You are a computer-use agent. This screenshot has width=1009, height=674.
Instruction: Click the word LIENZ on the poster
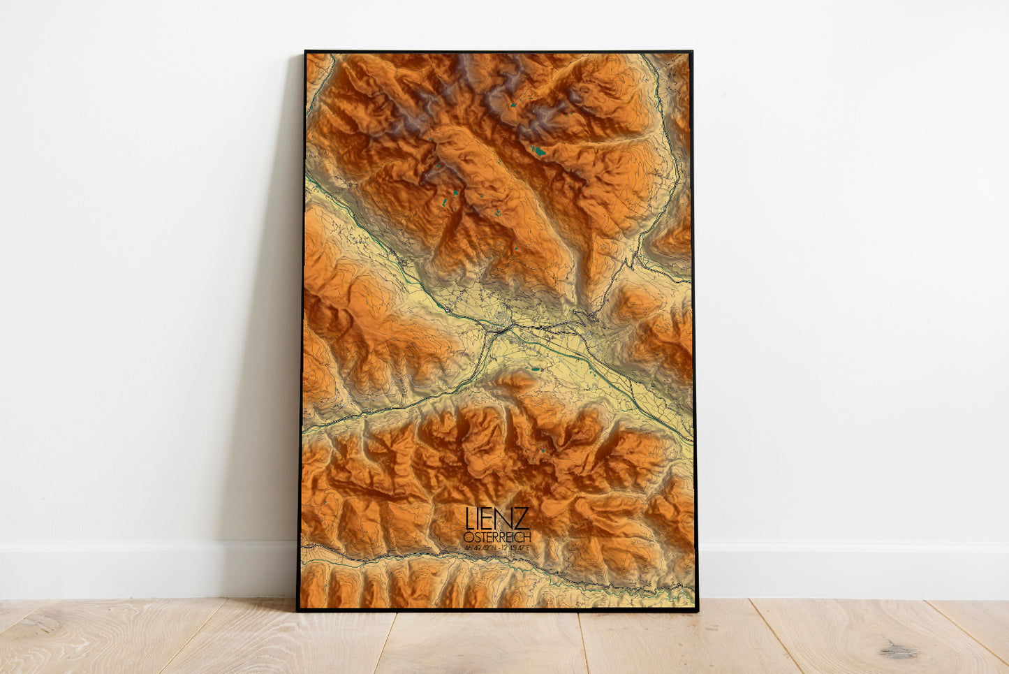[497, 519]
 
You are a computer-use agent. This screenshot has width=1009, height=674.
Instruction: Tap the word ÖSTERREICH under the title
[496, 537]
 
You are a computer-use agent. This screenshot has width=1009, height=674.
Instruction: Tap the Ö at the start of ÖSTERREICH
[467, 537]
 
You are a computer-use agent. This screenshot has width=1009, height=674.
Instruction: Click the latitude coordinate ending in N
[480, 548]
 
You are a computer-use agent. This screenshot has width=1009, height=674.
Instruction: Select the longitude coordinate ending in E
[515, 548]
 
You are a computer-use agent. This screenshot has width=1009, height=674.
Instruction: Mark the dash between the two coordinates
[498, 548]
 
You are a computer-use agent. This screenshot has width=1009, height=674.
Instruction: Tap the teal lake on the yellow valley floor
[536, 369]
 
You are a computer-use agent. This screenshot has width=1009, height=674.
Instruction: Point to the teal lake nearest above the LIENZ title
[543, 450]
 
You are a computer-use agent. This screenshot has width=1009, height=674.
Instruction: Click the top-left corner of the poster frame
[306, 52]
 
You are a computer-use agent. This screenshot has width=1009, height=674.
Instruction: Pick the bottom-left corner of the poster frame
[298, 610]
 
